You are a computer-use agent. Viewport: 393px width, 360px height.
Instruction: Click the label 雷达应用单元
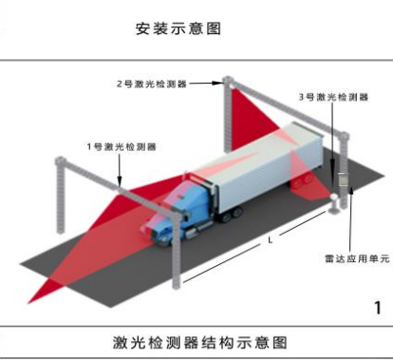click(350, 256)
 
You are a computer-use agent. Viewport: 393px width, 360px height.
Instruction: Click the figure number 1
click(377, 307)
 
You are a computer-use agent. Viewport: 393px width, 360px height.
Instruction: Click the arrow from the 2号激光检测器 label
click(203, 84)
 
